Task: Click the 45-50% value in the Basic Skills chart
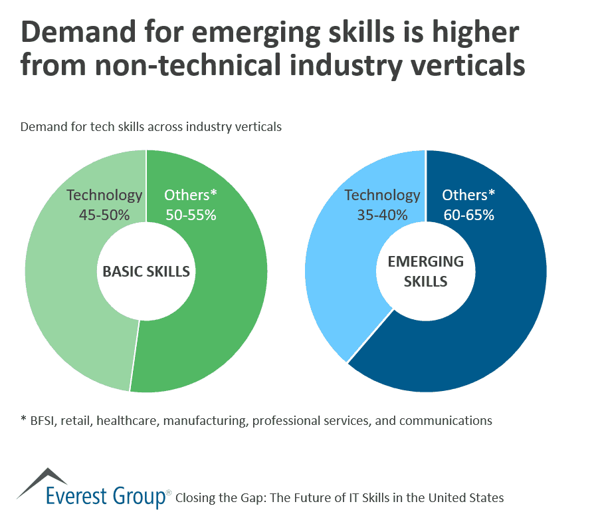pos(105,215)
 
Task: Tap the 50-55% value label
pos(191,215)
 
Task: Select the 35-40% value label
pos(383,215)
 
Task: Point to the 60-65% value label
pos(468,215)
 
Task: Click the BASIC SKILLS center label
pos(146,271)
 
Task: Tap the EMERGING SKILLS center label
pos(425,271)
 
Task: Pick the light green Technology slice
pos(60,299)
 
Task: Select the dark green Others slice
pos(219,319)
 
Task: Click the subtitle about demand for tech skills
pos(151,126)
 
